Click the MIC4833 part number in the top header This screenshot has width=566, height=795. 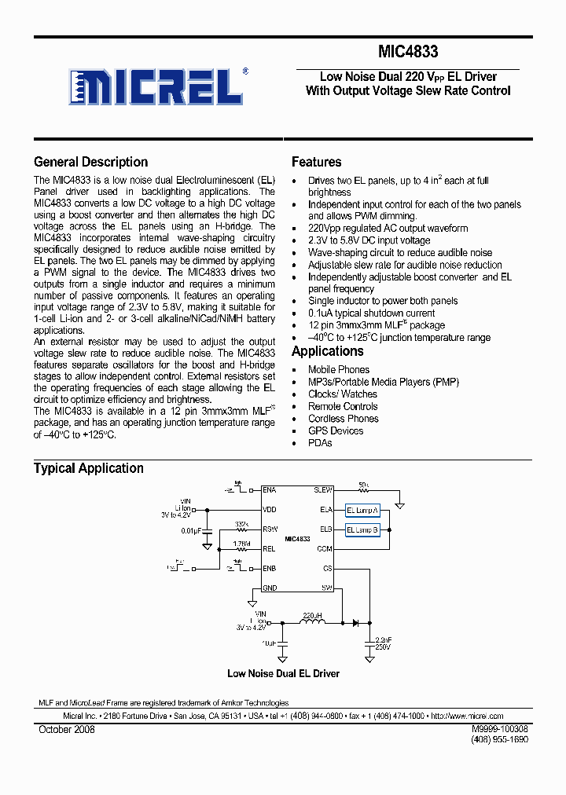[x=408, y=53]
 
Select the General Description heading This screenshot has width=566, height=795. [x=90, y=162]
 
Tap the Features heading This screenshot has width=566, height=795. [x=316, y=162]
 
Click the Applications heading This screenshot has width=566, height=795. [x=327, y=351]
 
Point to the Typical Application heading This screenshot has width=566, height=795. [x=88, y=468]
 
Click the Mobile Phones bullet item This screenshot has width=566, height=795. [x=338, y=369]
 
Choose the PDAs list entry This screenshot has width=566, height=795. [x=320, y=443]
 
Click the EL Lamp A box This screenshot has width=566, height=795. [x=362, y=509]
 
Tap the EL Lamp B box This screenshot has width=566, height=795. [x=362, y=530]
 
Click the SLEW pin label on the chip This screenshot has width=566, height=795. [x=323, y=489]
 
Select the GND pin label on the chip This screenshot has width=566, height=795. [x=270, y=588]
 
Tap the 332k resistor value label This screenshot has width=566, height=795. [x=241, y=523]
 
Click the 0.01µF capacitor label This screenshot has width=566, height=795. [x=191, y=532]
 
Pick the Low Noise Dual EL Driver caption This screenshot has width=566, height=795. [x=283, y=673]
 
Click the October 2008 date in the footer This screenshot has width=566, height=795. [x=67, y=730]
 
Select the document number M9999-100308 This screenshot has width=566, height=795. [x=500, y=729]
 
